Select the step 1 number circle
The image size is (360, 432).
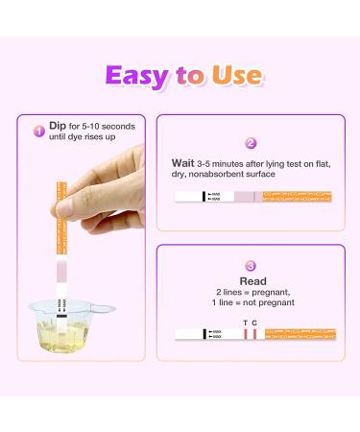pyautogui.click(x=39, y=131)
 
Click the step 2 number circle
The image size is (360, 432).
pyautogui.click(x=251, y=143)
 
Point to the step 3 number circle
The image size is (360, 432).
pyautogui.click(x=251, y=266)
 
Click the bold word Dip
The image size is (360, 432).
pyautogui.click(x=58, y=125)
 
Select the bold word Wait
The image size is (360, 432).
pyautogui.click(x=184, y=162)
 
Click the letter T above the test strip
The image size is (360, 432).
pyautogui.click(x=245, y=322)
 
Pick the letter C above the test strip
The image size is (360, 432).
pyautogui.click(x=254, y=322)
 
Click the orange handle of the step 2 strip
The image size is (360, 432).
pyautogui.click(x=298, y=196)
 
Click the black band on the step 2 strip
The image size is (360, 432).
pyautogui.click(x=204, y=196)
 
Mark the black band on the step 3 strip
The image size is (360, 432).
pyautogui.click(x=204, y=333)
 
